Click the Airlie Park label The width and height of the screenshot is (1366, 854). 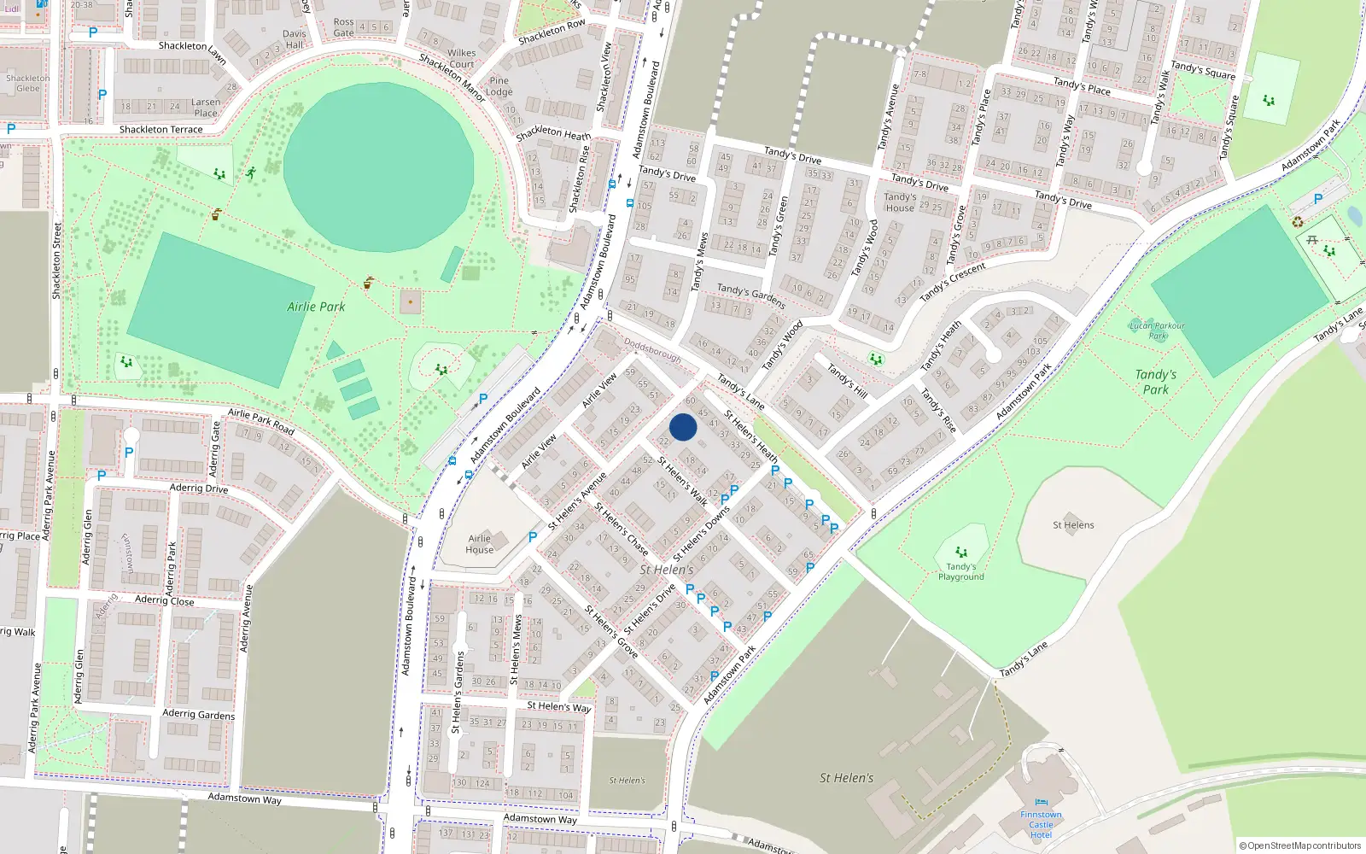click(316, 307)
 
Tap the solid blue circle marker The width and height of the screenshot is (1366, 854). click(683, 427)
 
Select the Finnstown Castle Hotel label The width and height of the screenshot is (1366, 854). click(1041, 824)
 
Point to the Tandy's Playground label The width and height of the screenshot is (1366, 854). click(960, 571)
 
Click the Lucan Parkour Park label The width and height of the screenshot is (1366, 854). click(1157, 330)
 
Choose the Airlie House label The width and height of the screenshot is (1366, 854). click(479, 544)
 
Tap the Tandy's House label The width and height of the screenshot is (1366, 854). click(900, 202)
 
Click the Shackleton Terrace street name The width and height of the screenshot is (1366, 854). click(161, 130)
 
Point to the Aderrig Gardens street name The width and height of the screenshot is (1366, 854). click(198, 714)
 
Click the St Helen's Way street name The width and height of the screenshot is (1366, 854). click(558, 706)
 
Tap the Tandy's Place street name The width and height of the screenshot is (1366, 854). click(1082, 86)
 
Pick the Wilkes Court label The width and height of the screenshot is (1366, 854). click(462, 58)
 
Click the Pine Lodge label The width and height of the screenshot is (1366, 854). click(499, 86)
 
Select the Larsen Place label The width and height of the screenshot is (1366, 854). click(206, 108)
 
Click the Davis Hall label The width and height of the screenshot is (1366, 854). click(295, 39)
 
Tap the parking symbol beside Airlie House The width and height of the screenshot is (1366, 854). click(533, 537)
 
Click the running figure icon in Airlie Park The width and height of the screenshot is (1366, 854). click(250, 173)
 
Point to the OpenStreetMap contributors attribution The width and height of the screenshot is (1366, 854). click(1299, 845)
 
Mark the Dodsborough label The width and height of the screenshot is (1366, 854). click(653, 349)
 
